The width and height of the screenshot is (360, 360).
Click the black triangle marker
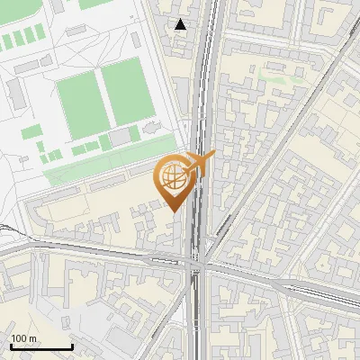(181, 24)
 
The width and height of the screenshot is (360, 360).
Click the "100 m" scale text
(24, 338)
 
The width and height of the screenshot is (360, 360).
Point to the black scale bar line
(41, 346)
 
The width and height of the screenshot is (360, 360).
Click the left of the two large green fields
(81, 103)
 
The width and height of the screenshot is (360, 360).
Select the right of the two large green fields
(126, 90)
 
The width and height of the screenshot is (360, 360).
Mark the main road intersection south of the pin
(198, 263)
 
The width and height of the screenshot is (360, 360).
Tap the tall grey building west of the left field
(16, 91)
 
